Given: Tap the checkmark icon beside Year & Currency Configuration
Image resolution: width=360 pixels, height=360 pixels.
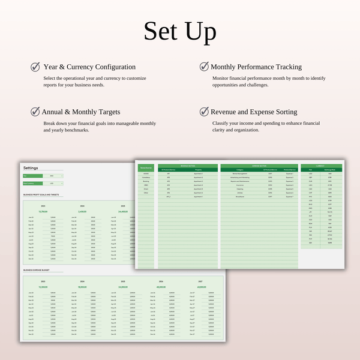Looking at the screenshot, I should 35,67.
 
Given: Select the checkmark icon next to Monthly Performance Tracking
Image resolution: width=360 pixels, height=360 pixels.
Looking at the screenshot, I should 204,67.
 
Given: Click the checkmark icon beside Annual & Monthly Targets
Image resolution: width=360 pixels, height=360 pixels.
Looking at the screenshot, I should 35,112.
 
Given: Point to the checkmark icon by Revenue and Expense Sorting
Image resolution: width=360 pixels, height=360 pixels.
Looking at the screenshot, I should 204,112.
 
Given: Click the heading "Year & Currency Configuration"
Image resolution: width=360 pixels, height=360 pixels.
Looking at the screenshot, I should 89,67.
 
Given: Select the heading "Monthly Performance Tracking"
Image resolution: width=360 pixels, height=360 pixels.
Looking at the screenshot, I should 256,67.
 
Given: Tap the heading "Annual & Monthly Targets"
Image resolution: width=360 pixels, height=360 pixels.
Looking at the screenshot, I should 81,112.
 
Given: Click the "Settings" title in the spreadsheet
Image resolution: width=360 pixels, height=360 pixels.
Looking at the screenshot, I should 31,168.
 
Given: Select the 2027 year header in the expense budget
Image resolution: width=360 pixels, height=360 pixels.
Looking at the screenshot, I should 202,281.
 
